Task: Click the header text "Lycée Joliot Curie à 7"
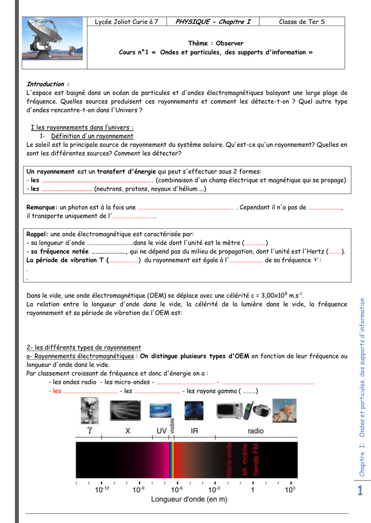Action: click(x=127, y=21)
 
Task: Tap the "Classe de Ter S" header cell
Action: click(x=301, y=21)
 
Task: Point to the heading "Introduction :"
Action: click(x=48, y=84)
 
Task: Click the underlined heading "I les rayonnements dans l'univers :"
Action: click(x=82, y=127)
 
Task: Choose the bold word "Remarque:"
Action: click(x=42, y=207)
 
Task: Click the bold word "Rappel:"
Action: click(x=37, y=234)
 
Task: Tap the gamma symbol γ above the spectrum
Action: click(x=90, y=430)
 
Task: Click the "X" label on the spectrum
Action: click(x=128, y=431)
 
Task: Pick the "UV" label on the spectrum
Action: click(x=161, y=431)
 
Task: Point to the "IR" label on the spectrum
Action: click(x=194, y=431)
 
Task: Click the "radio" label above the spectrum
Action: click(x=255, y=431)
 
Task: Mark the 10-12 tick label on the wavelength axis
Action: click(x=102, y=489)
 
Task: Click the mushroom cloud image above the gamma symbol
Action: click(x=90, y=410)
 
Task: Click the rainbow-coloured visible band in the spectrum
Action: click(x=172, y=460)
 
